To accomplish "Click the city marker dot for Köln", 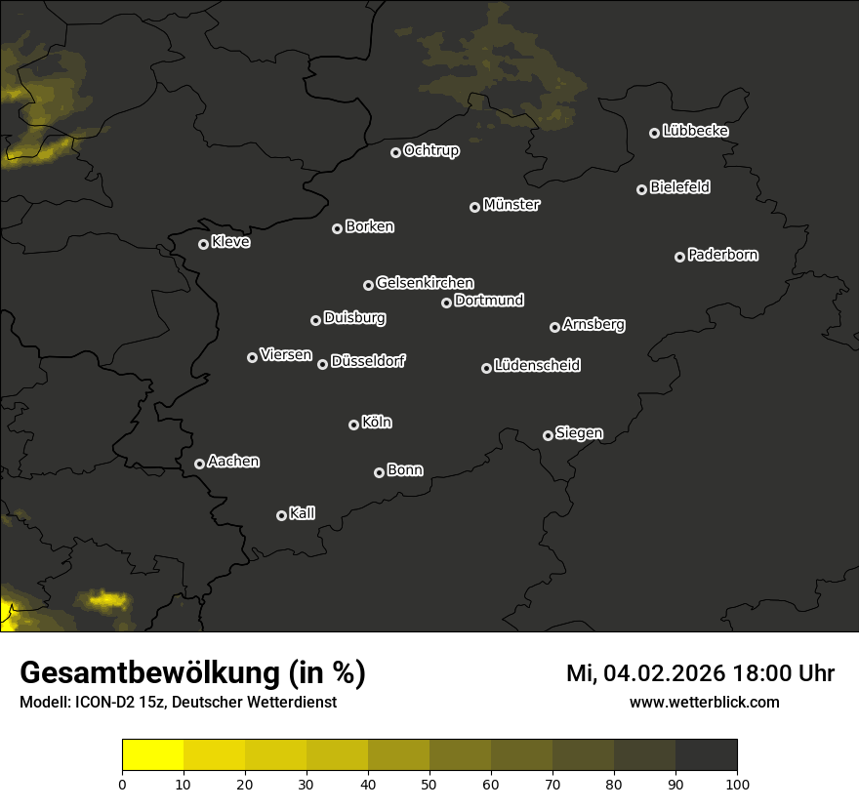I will point(353,425).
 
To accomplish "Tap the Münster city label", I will point(511,205).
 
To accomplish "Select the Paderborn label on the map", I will point(723,255).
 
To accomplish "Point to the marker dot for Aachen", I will point(200,464).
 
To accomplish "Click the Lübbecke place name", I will point(695,131).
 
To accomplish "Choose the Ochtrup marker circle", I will point(395,152).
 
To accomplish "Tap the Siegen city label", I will point(579,433).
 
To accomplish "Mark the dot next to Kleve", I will point(204,244).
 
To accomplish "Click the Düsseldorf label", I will point(368,361).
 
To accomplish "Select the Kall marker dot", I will point(282,515).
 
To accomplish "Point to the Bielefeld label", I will point(679,186).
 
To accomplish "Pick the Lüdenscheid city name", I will point(537,366).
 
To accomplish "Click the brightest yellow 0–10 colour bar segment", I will point(152,755).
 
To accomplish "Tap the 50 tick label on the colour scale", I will point(429,784).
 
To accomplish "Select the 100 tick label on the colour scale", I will point(737,784).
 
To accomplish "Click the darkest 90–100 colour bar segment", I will point(706,755).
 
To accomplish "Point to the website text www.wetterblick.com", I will point(705,702).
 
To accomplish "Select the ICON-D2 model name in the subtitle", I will point(102,703).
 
